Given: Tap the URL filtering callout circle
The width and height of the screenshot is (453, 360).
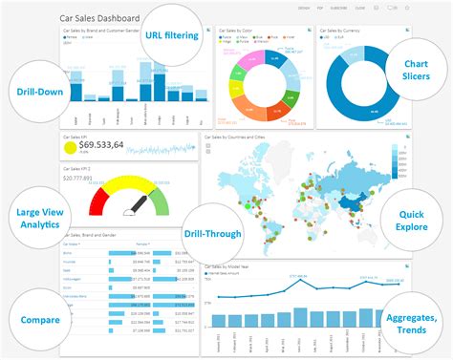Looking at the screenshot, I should coord(173,36).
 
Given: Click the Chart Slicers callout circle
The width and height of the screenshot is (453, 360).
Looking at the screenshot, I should coord(416,69).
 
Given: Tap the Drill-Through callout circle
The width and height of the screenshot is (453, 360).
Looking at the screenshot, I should coord(212,232).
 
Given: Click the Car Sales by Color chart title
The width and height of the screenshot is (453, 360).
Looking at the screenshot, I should coord(234,30).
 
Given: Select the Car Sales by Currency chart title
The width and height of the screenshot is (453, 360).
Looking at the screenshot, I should coord(341,30).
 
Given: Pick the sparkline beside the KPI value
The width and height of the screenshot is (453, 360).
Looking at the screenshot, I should coord(162,148).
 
